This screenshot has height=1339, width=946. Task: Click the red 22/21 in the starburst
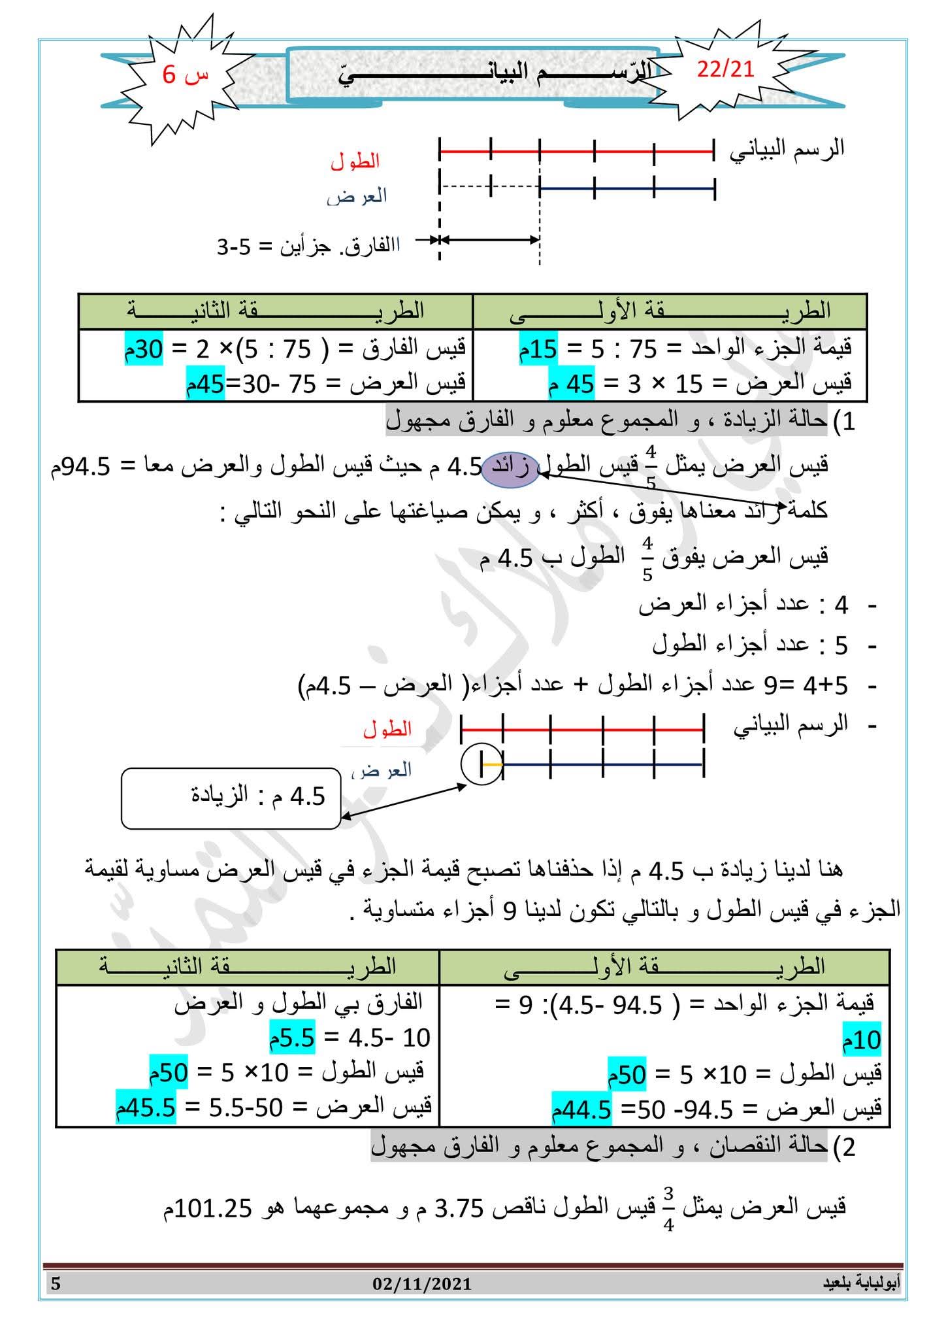725,69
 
